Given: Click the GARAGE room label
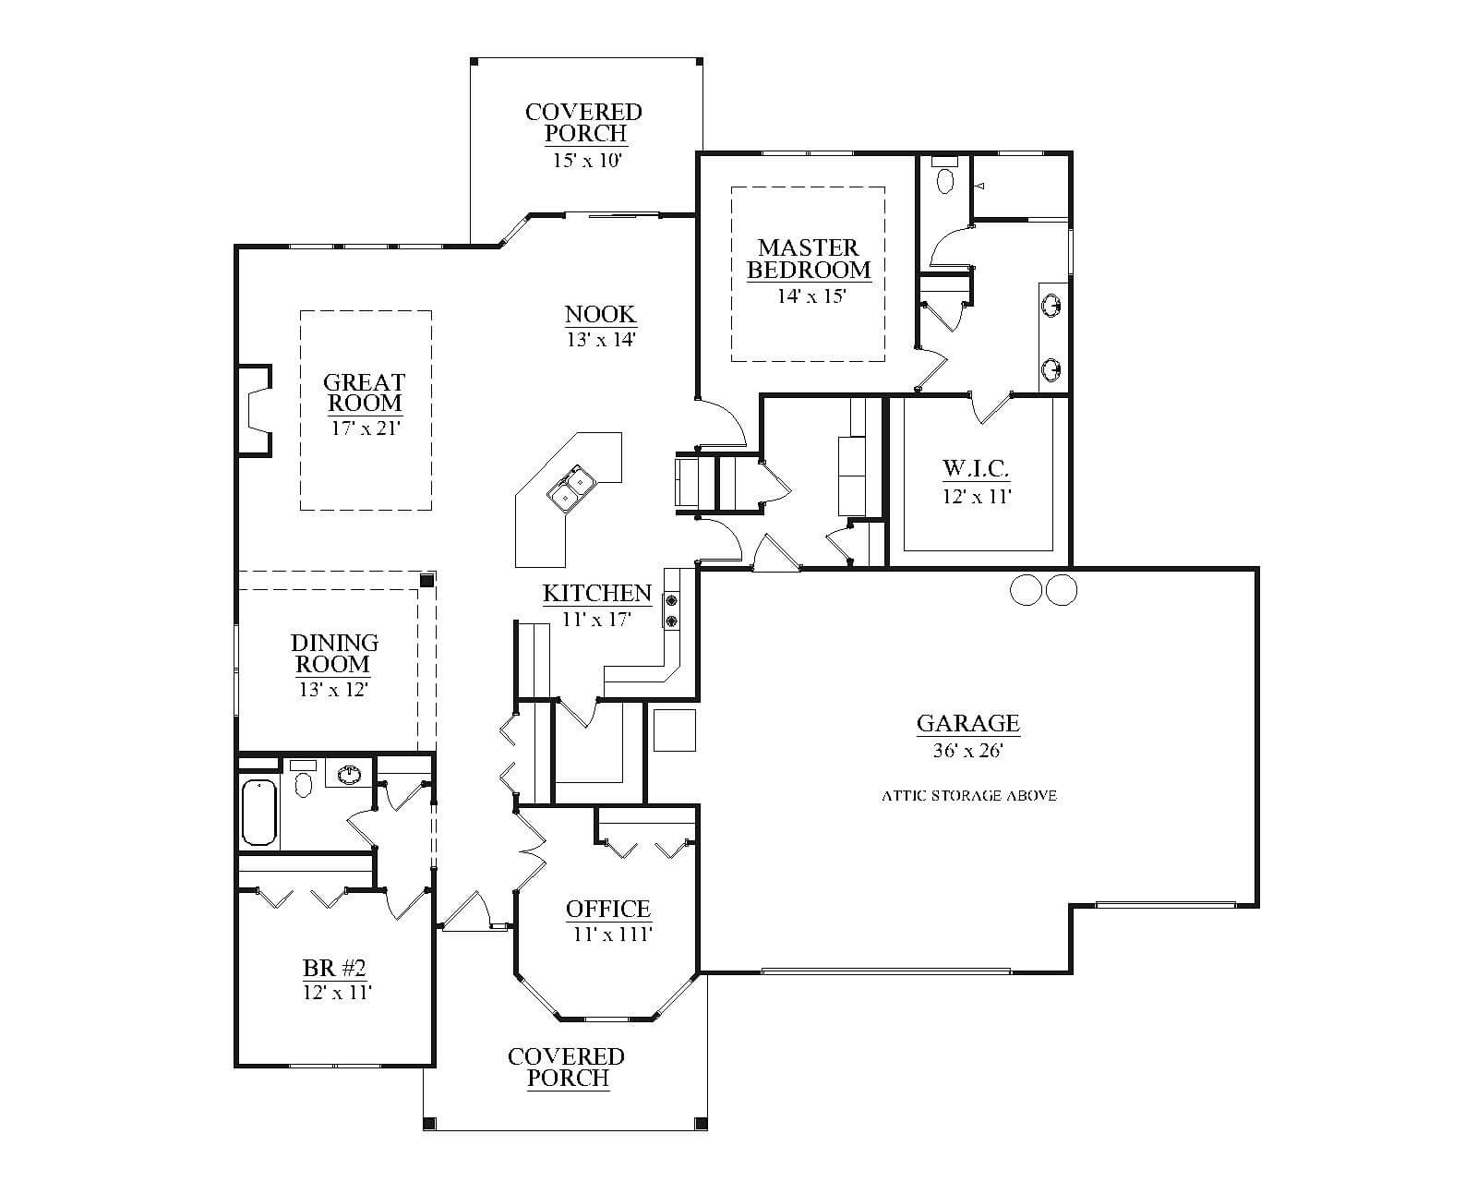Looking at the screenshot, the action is click(967, 723).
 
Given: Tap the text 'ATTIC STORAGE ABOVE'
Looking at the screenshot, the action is click(969, 796).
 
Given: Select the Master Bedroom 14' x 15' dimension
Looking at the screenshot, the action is click(811, 296).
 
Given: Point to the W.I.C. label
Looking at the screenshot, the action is click(976, 468).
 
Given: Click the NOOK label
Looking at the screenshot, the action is click(601, 314).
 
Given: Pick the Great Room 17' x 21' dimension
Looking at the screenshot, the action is click(366, 428).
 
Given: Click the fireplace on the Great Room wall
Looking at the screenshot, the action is click(254, 410).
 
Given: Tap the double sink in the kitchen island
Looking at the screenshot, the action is click(570, 489).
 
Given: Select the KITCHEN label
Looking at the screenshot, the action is click(596, 593).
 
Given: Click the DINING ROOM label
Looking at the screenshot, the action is click(334, 653).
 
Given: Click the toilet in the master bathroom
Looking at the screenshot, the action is click(945, 175).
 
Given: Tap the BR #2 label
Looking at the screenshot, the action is click(335, 968).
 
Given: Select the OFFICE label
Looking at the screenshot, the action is click(607, 909).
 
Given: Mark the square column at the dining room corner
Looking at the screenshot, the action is click(426, 581).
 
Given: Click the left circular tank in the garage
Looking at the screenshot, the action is click(1027, 589).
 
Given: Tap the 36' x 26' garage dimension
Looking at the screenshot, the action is click(967, 751).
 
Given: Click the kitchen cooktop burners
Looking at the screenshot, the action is click(670, 611).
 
